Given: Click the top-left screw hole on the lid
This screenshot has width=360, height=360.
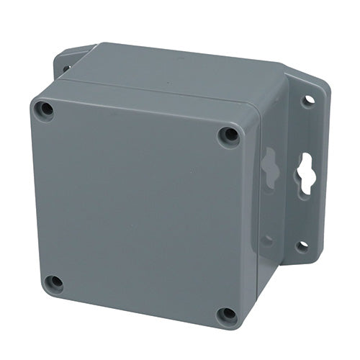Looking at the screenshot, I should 45,111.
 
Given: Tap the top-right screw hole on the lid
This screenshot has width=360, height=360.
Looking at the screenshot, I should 229,135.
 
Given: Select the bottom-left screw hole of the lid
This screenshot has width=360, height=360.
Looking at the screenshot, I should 53,283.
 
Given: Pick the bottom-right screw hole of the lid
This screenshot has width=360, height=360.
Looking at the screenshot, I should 228,315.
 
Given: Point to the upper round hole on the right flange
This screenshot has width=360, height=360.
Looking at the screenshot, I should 308,101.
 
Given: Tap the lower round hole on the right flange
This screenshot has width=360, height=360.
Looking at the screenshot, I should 302,246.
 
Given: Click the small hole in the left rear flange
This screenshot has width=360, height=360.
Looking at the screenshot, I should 66,69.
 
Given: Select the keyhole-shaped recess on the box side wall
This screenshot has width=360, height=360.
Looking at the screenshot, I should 269,167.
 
